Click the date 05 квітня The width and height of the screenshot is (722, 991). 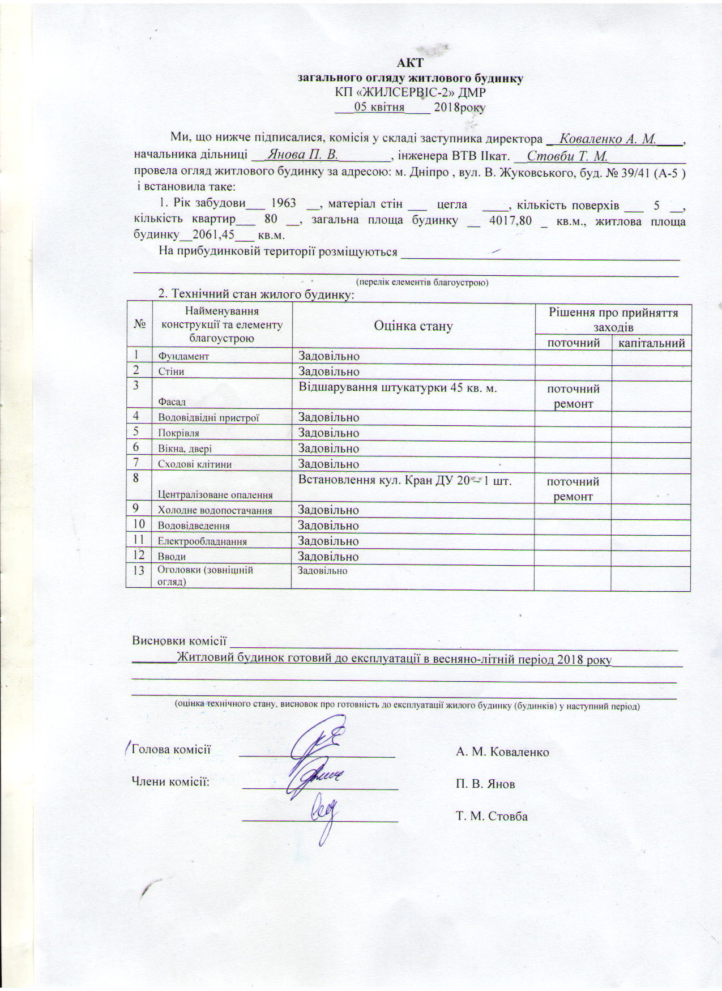(379, 107)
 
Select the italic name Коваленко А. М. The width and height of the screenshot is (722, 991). (606, 139)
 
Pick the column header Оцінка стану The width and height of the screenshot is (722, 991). (413, 326)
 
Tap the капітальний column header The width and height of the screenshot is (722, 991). (651, 343)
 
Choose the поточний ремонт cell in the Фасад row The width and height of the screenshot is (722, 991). (573, 396)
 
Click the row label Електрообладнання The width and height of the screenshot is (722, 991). (203, 541)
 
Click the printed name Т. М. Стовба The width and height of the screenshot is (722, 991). (492, 816)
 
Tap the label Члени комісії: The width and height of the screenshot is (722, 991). (170, 782)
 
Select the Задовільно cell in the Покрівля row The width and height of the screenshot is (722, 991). (328, 433)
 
